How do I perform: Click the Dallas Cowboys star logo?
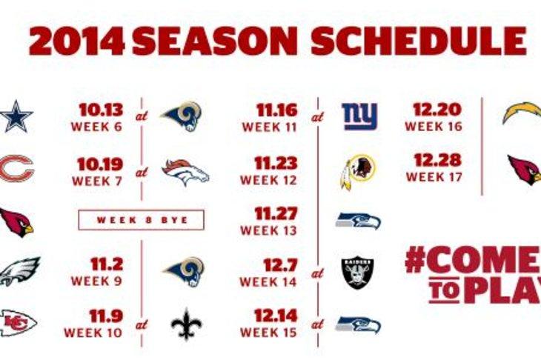pos(16,116)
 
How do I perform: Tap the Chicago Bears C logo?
pos(16,169)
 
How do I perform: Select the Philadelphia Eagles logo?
pos(19,271)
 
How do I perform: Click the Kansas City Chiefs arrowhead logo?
pos(18,323)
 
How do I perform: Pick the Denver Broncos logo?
pos(185,173)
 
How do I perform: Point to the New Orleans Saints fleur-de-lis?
pos(186,324)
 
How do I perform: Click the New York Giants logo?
pos(359,116)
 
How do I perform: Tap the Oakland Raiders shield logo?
pos(357,272)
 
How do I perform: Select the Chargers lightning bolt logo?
pos(522,113)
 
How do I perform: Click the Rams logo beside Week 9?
pos(184,272)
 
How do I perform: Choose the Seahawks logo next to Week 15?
pos(358,325)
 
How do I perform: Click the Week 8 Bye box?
pos(141,220)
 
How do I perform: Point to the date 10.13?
pos(101,110)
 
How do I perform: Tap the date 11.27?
pos(276,213)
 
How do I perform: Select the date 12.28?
pos(437,160)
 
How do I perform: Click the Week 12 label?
pos(268,180)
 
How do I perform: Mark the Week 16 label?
pos(434,126)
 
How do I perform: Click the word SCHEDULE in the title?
pos(419,40)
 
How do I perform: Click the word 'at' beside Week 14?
pos(317,274)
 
